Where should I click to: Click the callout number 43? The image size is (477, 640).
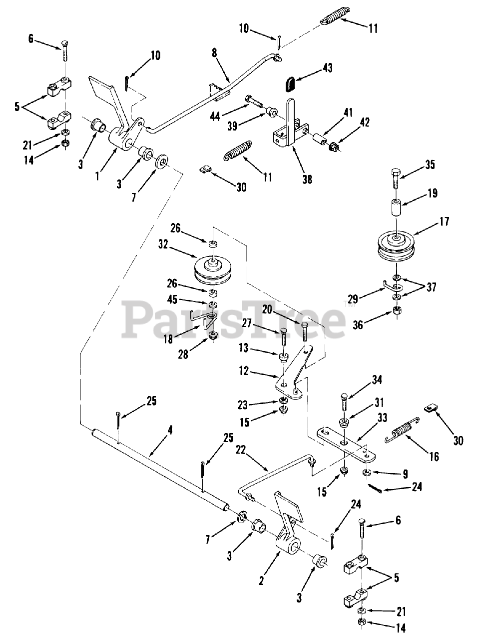327,67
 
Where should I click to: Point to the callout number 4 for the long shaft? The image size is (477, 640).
170,428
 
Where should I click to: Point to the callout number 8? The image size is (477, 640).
214,53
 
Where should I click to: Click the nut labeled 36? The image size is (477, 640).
397,310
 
